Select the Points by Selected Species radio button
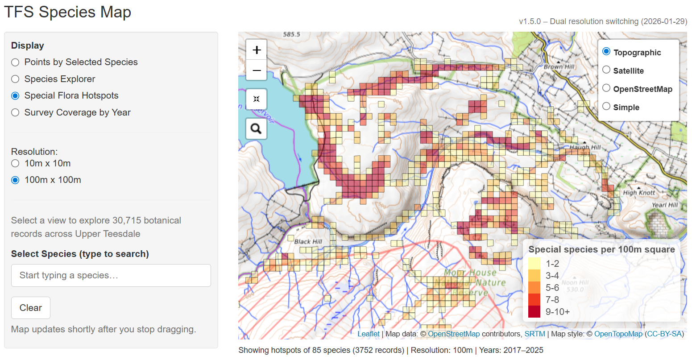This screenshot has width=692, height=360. pos(16,62)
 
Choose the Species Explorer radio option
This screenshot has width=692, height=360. pos(16,79)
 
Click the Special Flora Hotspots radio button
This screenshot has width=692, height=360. pos(16,96)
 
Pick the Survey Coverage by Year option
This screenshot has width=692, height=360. pos(16,112)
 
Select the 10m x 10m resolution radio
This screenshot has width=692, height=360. pos(16,163)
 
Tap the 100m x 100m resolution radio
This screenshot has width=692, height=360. pos(16,180)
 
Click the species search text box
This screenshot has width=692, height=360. pos(111,275)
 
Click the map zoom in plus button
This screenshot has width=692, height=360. pos(257,50)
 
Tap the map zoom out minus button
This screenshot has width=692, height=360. pos(257,70)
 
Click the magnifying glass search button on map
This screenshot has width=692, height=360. pos(256,129)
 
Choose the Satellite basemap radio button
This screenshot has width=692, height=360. pos(606,70)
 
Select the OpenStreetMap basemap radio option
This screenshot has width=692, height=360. pos(606,88)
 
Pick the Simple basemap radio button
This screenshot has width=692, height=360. pos(606,106)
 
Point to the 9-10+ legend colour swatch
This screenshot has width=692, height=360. pos(534,311)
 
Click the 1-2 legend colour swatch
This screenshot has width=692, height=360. pos(534,264)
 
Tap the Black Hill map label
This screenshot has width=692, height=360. pos(308,241)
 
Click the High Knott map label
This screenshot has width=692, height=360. pos(639,193)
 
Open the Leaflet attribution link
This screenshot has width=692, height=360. pos(369,334)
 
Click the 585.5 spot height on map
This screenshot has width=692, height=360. pos(292,34)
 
